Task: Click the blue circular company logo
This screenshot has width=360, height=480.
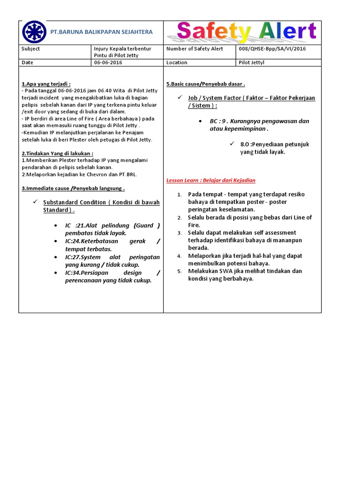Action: click(x=34, y=32)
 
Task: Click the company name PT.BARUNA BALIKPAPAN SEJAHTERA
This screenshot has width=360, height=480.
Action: click(x=102, y=32)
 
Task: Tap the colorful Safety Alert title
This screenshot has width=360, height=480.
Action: click(x=247, y=32)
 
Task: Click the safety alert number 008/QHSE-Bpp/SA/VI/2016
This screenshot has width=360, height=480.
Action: click(x=272, y=49)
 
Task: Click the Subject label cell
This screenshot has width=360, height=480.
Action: click(x=31, y=49)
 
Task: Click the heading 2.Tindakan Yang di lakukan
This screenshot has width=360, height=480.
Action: click(x=57, y=153)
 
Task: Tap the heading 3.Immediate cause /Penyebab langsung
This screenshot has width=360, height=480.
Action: click(x=73, y=188)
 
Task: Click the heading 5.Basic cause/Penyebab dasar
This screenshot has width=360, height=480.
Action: click(x=206, y=84)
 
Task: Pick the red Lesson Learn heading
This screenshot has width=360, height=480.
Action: click(x=211, y=180)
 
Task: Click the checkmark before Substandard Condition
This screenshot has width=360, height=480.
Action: click(x=35, y=202)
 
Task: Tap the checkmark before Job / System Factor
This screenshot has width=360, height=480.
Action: click(x=180, y=97)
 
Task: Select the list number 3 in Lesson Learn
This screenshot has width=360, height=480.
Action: click(x=179, y=233)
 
